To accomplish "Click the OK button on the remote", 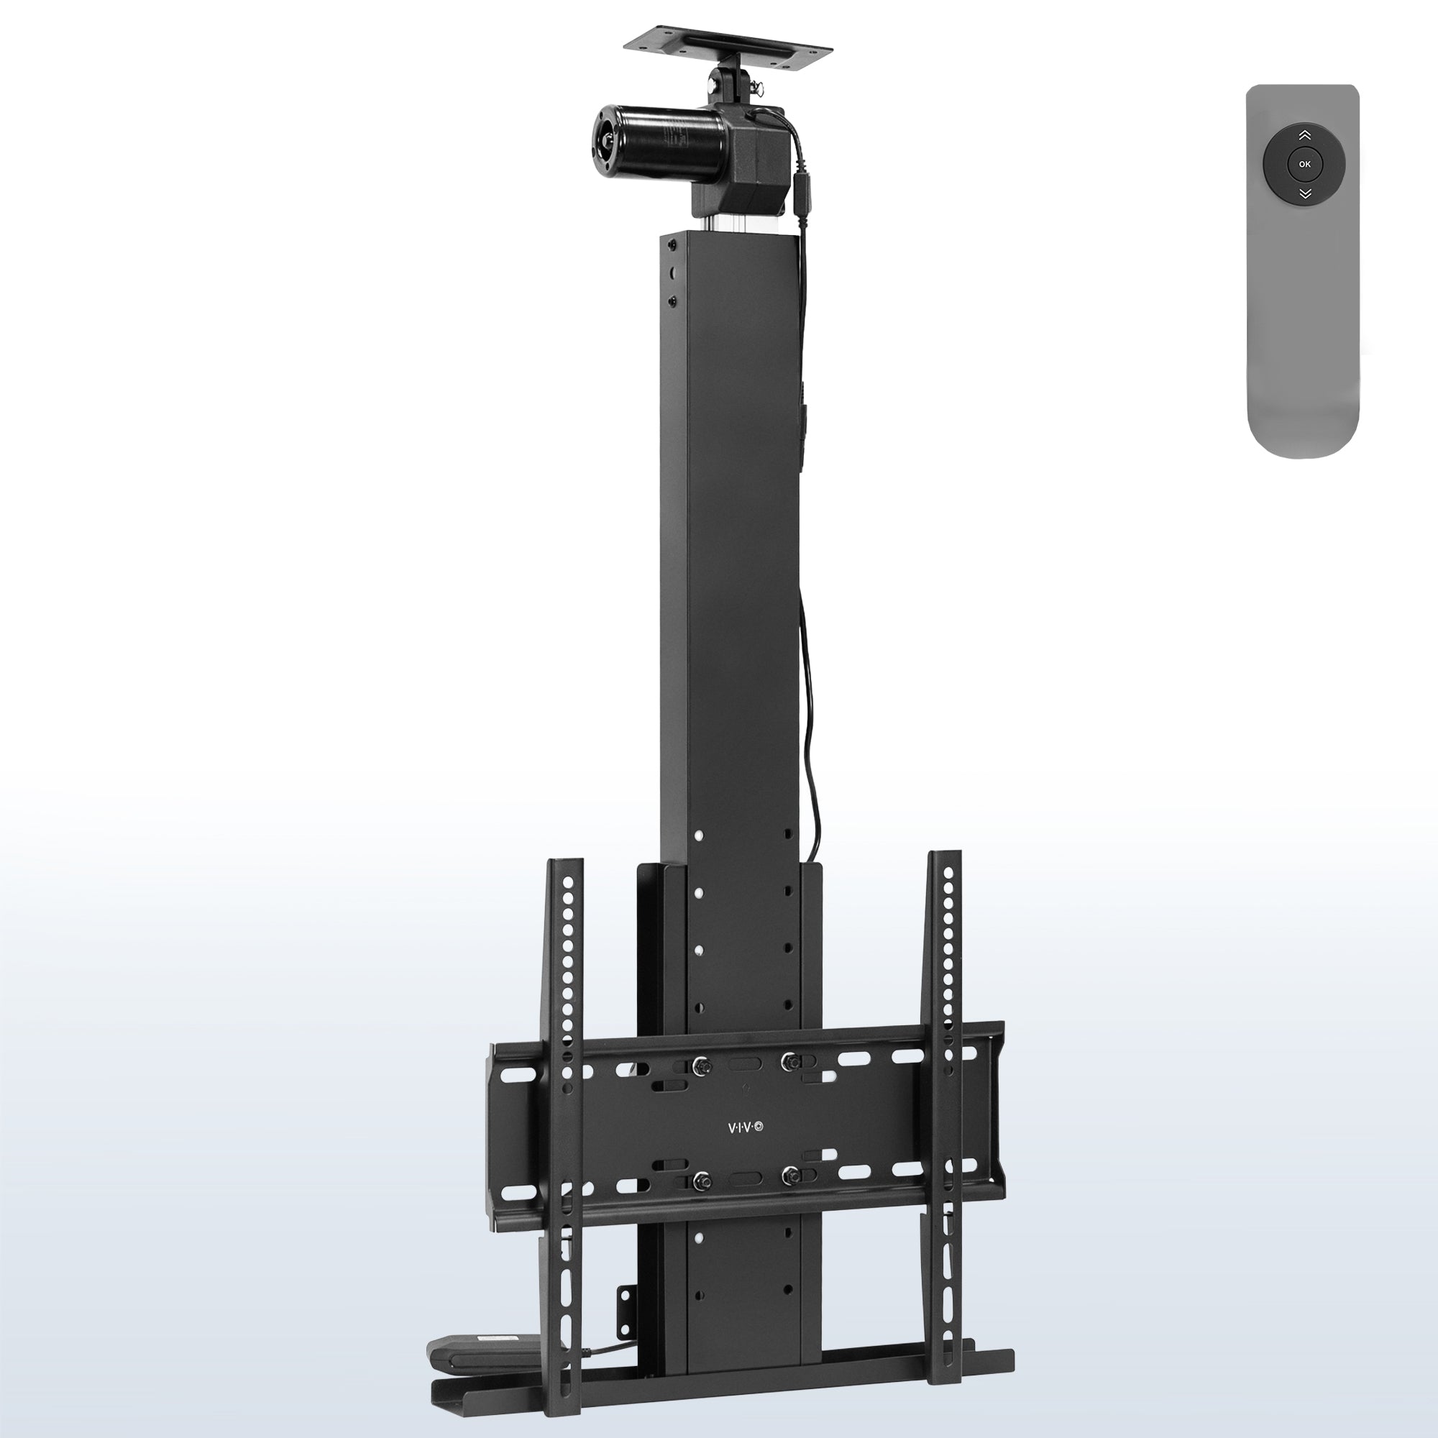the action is pyautogui.click(x=1304, y=164).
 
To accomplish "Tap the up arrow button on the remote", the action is pyautogui.click(x=1304, y=135).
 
